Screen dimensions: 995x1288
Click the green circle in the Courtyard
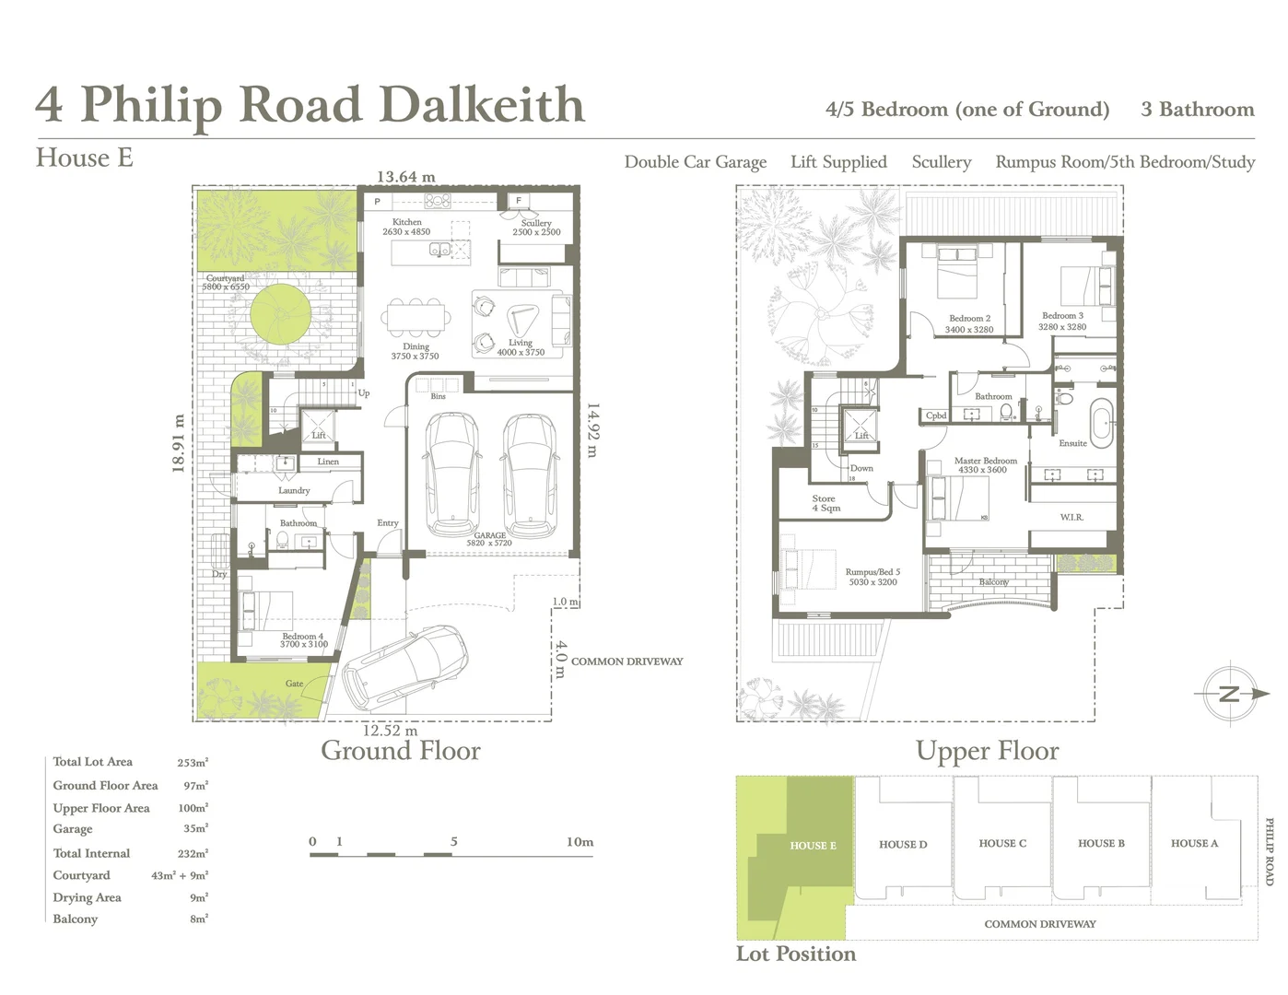(279, 314)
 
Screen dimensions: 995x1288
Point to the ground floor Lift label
(319, 435)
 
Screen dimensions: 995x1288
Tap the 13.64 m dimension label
(405, 177)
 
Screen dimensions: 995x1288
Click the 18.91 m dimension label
(179, 443)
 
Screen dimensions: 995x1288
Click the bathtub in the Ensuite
(1101, 422)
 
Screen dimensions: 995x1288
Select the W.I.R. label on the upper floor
(1071, 517)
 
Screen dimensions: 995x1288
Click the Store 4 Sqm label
(825, 503)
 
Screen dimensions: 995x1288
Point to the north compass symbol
(1230, 695)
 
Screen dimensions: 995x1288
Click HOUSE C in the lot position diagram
(1002, 843)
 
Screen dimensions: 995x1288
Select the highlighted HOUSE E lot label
(813, 845)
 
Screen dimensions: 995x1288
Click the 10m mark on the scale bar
(580, 841)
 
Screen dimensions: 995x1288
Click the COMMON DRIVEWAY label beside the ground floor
(626, 661)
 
